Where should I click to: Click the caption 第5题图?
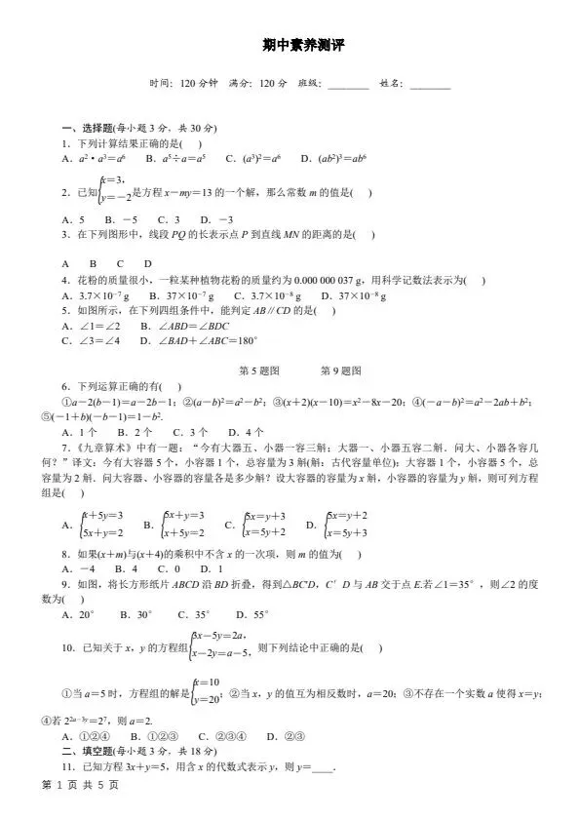pyautogui.click(x=259, y=371)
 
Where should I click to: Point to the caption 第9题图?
pyautogui.click(x=341, y=371)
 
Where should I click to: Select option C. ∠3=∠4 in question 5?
pyautogui.click(x=91, y=340)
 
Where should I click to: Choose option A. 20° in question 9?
pyautogui.click(x=78, y=614)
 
